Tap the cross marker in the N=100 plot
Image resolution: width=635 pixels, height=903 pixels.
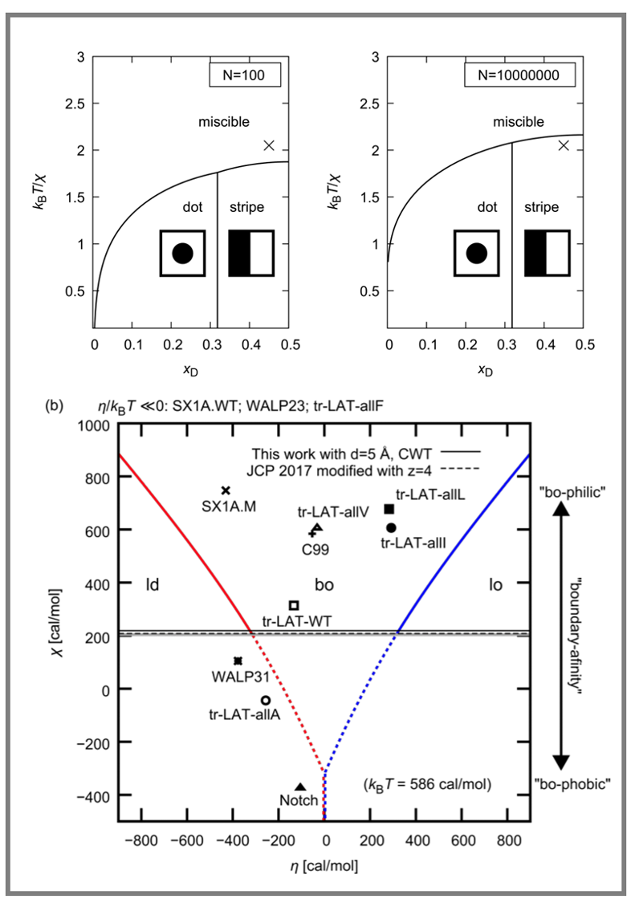[269, 145]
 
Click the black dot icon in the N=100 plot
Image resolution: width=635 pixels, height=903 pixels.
[182, 254]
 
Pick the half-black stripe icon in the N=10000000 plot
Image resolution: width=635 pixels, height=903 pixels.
[546, 253]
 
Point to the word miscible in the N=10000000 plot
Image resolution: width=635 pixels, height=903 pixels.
[518, 122]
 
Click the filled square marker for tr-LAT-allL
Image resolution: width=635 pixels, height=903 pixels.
[389, 509]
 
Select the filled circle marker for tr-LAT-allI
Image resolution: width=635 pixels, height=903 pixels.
[391, 527]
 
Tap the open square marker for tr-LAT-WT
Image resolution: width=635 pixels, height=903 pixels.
[294, 605]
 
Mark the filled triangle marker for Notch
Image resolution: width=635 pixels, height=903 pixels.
[300, 787]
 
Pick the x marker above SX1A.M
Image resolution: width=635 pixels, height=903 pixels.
[226, 490]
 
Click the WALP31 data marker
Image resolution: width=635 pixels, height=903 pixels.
[238, 661]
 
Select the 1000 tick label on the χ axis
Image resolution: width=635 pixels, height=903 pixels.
[94, 425]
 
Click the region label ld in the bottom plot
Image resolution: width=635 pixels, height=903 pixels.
[152, 584]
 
